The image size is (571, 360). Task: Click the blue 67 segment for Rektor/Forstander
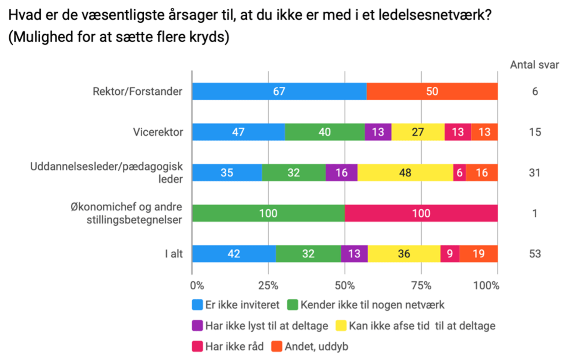tap(279, 91)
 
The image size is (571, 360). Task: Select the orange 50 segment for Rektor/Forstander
tap(432, 91)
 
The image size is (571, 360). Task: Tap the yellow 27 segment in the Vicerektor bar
tap(418, 132)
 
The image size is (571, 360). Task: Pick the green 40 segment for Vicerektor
tap(324, 132)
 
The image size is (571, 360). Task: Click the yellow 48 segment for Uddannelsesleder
tap(405, 173)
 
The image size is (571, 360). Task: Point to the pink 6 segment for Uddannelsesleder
tap(459, 173)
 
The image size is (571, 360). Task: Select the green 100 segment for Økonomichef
tap(268, 213)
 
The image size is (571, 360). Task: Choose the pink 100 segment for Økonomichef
tap(421, 213)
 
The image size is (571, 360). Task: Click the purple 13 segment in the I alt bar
tap(354, 254)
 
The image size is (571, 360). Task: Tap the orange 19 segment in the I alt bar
tap(478, 254)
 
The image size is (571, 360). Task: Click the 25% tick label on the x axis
tap(268, 286)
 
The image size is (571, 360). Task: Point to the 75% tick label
tap(421, 286)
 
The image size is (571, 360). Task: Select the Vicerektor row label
tap(158, 132)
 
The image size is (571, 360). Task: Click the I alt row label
tap(174, 254)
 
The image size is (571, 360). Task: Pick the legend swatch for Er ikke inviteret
tap(197, 305)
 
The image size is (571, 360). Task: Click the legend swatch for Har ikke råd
tap(197, 347)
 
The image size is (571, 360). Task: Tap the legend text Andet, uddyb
tap(316, 347)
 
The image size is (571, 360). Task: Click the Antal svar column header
tap(534, 65)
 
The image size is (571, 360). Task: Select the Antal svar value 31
tap(534, 173)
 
